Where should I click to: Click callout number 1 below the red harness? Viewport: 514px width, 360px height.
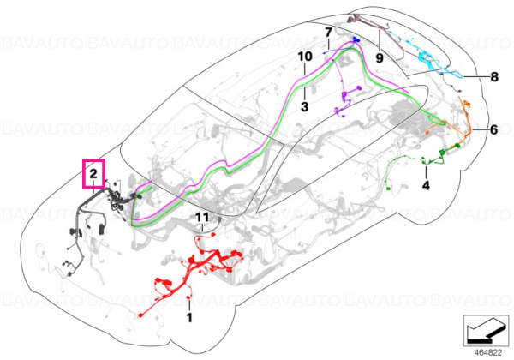[x=189, y=317]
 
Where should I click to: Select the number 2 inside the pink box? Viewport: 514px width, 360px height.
[x=93, y=173]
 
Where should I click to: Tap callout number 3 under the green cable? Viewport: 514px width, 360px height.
[x=304, y=106]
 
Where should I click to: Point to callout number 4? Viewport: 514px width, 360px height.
[x=426, y=186]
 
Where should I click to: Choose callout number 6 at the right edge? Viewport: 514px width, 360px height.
[x=494, y=129]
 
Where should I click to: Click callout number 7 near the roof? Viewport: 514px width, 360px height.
[x=328, y=33]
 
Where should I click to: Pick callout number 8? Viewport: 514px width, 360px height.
[x=494, y=77]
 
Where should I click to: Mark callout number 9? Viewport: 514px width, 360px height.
[x=380, y=58]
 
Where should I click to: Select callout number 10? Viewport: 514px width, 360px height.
[x=305, y=57]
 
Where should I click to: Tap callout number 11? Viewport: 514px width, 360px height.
[x=202, y=217]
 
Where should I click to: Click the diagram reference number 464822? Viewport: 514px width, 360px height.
[x=488, y=353]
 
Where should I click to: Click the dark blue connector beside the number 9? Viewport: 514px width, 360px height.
[x=356, y=40]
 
